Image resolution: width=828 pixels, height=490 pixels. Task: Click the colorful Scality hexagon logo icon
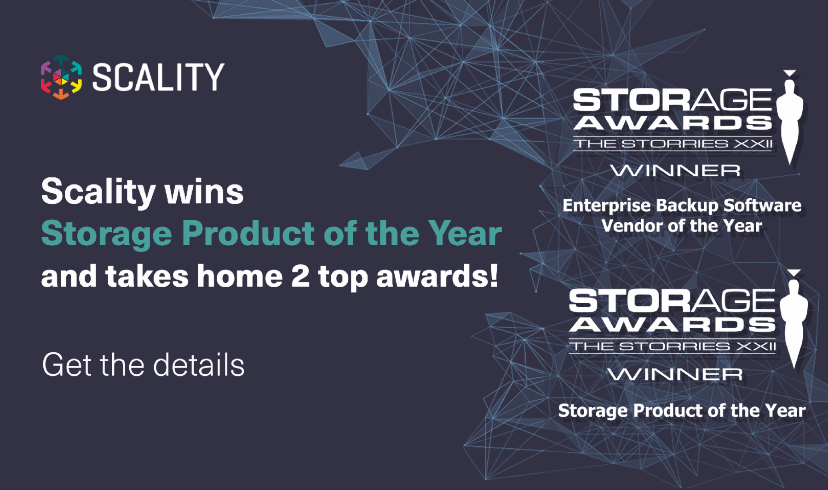61,77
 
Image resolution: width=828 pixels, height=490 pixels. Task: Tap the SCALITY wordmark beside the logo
158,77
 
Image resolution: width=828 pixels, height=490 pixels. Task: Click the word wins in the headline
204,192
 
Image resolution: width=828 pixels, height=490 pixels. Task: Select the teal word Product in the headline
248,233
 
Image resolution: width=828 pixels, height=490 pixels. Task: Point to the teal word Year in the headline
465,233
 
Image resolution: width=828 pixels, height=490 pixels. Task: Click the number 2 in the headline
300,276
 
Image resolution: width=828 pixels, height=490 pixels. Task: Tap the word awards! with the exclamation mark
437,276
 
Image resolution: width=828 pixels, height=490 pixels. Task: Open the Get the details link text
143,365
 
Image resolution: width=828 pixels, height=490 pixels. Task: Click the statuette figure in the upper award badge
790,117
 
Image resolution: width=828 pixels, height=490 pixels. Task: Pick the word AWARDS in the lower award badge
672,324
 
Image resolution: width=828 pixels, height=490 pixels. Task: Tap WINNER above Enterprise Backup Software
675,171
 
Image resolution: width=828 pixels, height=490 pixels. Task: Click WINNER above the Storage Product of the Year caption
675,374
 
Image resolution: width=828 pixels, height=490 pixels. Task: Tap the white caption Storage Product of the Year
682,410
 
